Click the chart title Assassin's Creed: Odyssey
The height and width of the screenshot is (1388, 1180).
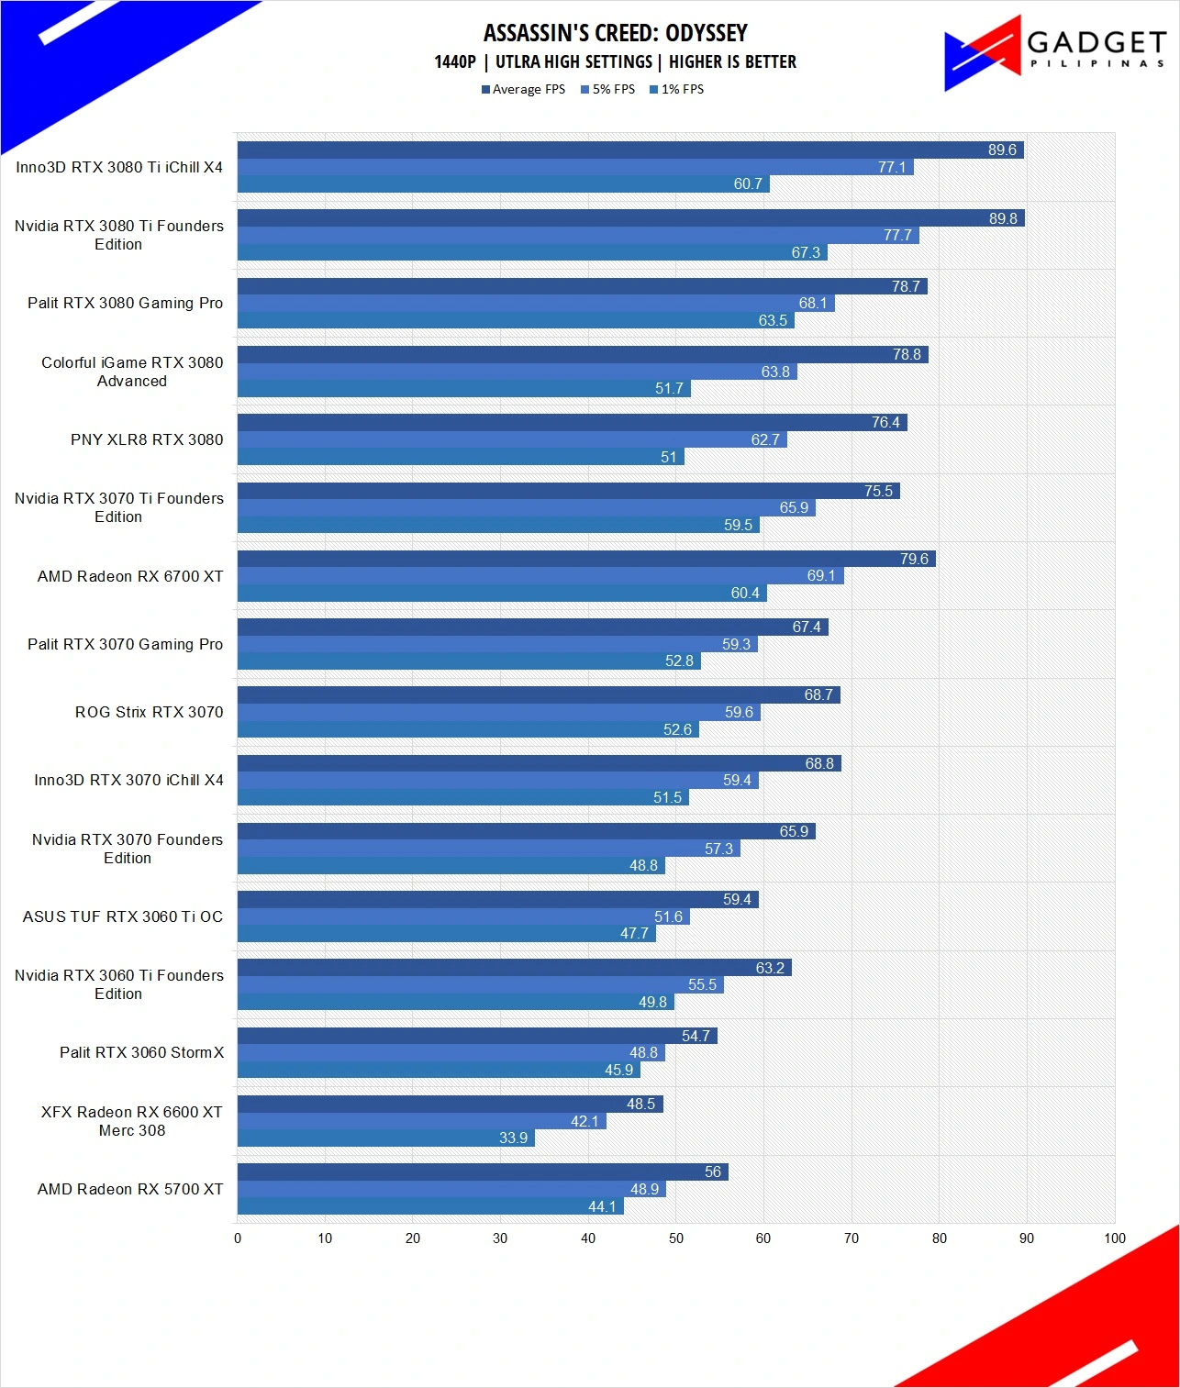(x=615, y=33)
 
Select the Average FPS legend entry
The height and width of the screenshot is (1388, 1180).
(x=523, y=89)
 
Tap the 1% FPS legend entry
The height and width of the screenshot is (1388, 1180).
(x=677, y=89)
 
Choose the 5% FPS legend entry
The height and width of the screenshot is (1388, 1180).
(x=607, y=89)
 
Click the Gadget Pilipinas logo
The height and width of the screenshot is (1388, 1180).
(x=1054, y=53)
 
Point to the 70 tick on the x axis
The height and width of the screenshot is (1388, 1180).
(x=851, y=1238)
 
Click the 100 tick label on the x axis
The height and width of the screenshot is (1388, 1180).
(x=1114, y=1238)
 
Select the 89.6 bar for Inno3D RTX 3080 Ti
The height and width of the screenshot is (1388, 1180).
(x=630, y=150)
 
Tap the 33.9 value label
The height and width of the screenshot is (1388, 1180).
(x=513, y=1138)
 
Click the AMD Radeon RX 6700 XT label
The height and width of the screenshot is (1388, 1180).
(x=130, y=576)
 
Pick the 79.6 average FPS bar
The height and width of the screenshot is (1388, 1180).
(x=586, y=559)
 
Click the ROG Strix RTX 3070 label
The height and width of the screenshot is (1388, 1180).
(x=149, y=712)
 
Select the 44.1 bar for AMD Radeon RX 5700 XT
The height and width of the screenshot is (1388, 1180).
(x=430, y=1206)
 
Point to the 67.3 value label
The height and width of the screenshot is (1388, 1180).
(x=806, y=252)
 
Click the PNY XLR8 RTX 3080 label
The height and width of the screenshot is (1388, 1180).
(x=147, y=439)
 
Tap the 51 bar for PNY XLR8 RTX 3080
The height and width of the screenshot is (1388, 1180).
(x=461, y=457)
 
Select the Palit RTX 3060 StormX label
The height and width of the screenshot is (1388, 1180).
(x=141, y=1052)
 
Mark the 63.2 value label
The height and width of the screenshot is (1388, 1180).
(x=770, y=968)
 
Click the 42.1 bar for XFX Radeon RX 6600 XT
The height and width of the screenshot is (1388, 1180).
(x=422, y=1121)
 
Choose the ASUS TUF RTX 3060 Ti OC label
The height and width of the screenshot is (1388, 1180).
(x=123, y=916)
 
